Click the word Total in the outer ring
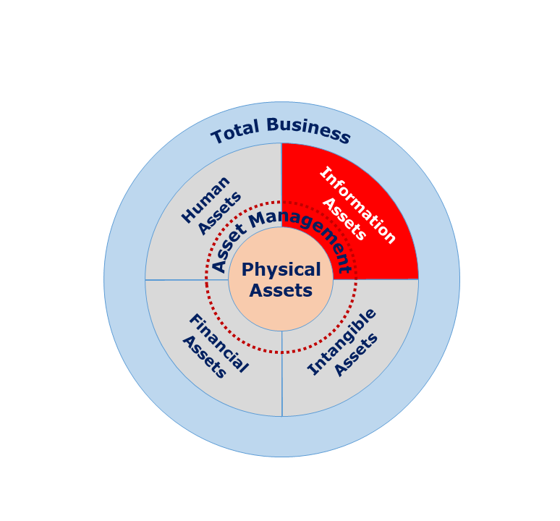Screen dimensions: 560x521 [x=235, y=132]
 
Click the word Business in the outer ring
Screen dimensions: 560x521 [x=308, y=130]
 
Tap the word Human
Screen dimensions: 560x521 [x=205, y=200]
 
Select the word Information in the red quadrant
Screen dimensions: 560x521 [x=358, y=205]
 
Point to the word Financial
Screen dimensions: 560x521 [x=219, y=343]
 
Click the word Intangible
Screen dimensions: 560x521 [x=341, y=342]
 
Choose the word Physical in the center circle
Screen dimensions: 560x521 [x=281, y=270]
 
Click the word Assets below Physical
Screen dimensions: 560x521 [x=281, y=290]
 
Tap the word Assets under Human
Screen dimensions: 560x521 [x=219, y=213]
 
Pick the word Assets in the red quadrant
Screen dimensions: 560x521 [x=344, y=219]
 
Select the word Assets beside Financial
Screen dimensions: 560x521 [x=204, y=357]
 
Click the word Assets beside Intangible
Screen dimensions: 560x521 [x=356, y=355]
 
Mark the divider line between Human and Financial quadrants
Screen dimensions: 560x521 [x=187, y=280]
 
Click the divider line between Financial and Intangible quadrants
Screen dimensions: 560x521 [x=281, y=373]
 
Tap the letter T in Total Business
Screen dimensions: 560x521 [x=217, y=137]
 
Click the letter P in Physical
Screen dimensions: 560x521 [x=247, y=270]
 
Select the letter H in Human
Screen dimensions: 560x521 [x=188, y=216]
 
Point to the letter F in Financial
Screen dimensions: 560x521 [x=196, y=320]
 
